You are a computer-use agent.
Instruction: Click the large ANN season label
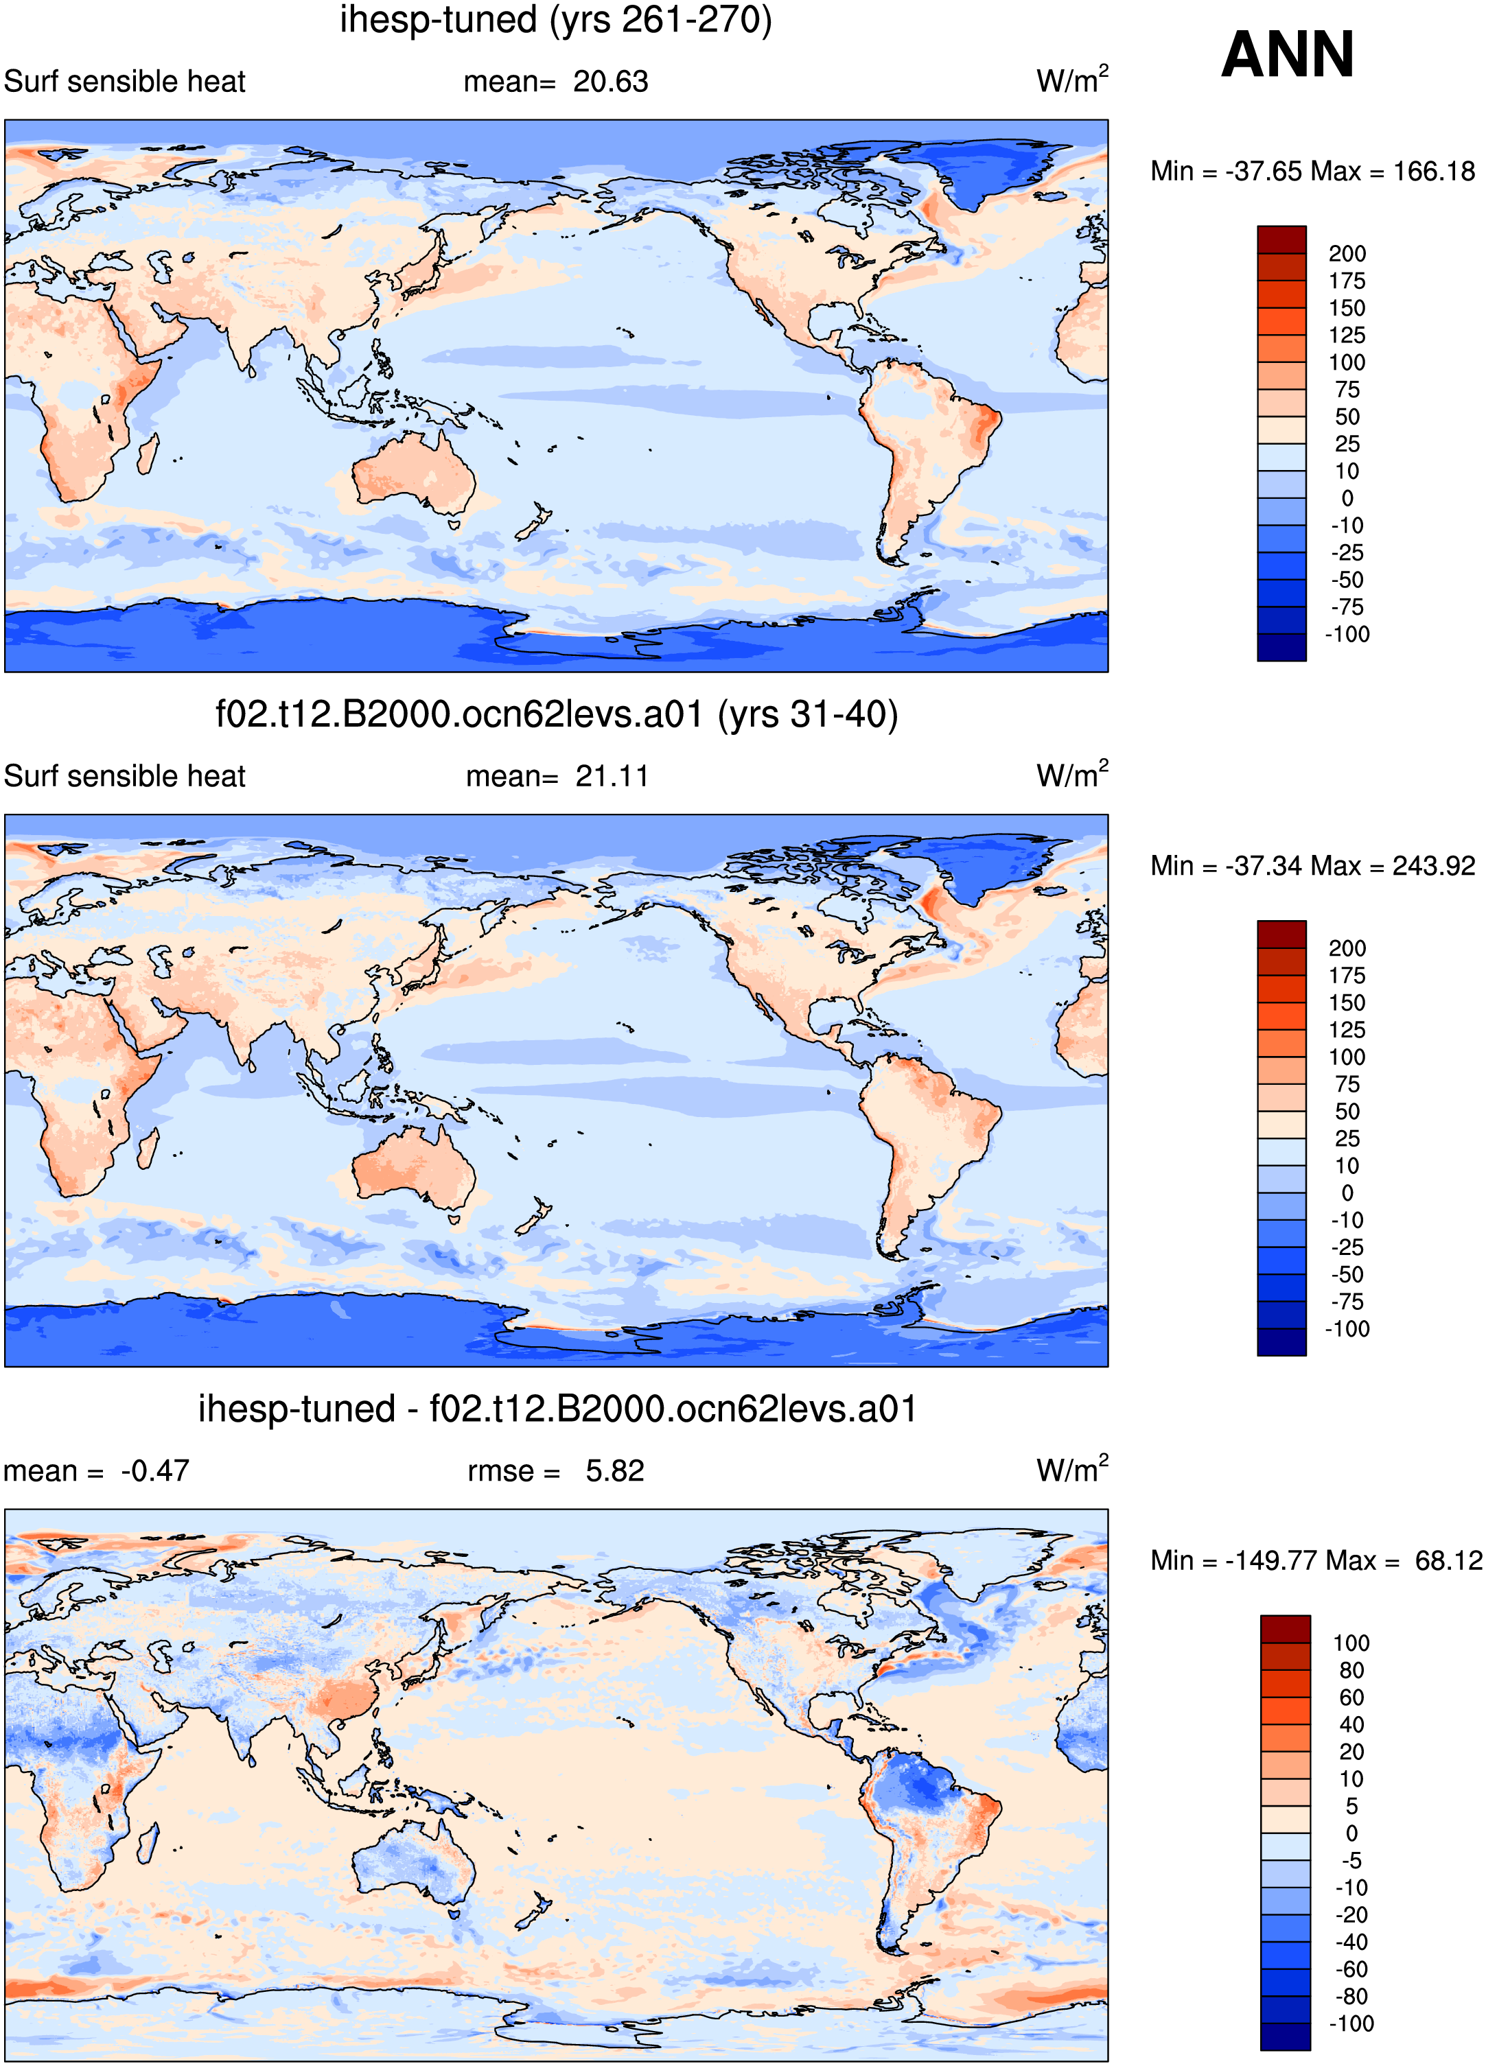[x=1288, y=55]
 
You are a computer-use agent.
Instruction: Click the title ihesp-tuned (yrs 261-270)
[x=556, y=20]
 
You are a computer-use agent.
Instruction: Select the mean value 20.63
[x=610, y=82]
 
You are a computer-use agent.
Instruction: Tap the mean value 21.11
[x=612, y=777]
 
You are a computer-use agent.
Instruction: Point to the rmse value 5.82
[x=615, y=1471]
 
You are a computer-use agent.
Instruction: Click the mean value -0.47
[x=155, y=1471]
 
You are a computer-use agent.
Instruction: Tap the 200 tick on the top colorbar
[x=1347, y=254]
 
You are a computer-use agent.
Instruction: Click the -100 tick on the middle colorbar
[x=1347, y=1329]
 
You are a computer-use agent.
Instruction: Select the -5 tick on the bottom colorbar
[x=1351, y=1860]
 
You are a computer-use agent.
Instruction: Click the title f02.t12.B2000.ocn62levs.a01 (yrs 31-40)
[x=557, y=715]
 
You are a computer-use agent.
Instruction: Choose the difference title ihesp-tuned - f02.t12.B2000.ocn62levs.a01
[x=557, y=1409]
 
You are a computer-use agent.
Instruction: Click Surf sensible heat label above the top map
[x=125, y=82]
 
